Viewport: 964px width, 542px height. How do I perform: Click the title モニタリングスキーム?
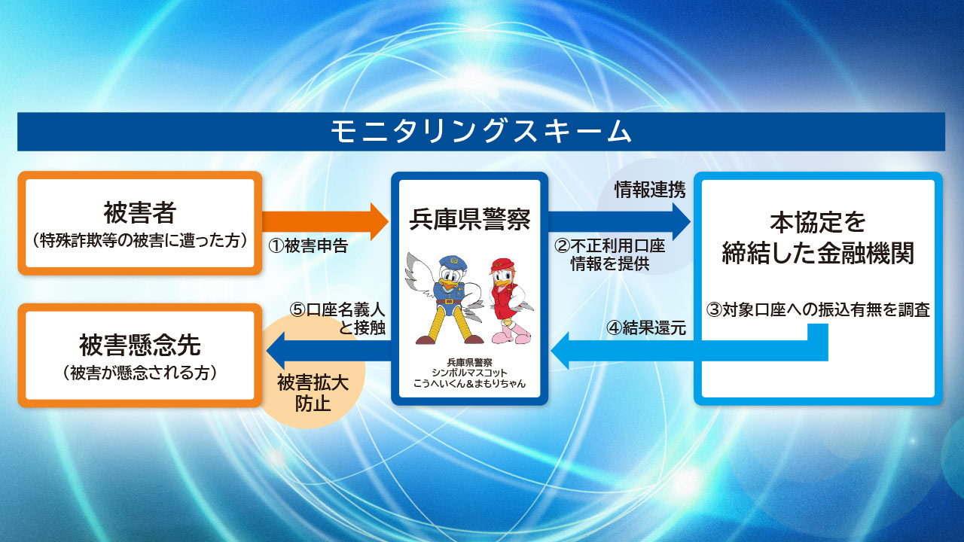click(480, 132)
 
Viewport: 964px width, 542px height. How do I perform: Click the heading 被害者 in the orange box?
click(140, 212)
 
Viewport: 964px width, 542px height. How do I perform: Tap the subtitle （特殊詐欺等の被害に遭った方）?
click(140, 241)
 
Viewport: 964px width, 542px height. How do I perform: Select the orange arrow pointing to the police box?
click(325, 221)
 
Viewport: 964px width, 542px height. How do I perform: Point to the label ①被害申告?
click(308, 246)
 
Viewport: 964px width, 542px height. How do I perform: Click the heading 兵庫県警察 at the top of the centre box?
click(469, 219)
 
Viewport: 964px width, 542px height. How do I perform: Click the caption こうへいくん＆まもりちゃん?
click(469, 383)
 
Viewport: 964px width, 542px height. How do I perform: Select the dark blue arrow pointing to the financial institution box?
click(619, 221)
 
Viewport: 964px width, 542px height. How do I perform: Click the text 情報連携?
click(650, 190)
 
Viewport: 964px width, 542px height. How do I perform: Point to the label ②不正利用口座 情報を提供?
click(610, 255)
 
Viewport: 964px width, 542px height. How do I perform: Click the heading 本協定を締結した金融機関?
click(818, 237)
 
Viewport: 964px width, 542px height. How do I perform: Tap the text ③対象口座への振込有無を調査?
click(818, 310)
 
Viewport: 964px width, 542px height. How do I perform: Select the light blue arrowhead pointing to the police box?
click(560, 351)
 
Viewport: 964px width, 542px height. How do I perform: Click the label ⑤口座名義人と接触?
click(337, 318)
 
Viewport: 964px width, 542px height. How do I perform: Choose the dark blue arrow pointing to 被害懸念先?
click(329, 351)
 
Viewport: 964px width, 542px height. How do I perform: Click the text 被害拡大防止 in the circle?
click(313, 393)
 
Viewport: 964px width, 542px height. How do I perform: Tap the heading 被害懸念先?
click(140, 345)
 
